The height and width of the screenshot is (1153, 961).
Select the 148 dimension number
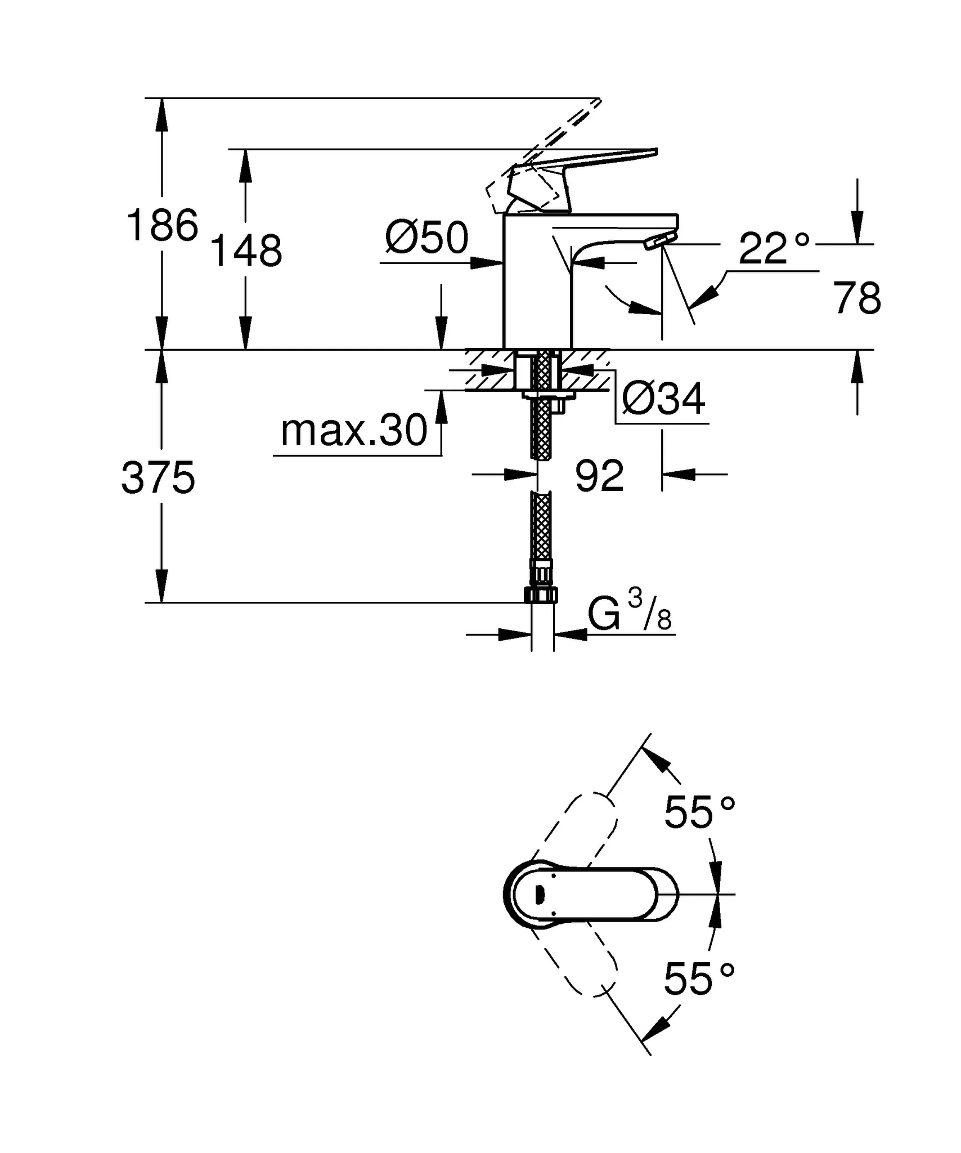pos(245,251)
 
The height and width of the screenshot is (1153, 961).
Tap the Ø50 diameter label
pos(426,238)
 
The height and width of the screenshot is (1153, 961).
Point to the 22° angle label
pos(774,248)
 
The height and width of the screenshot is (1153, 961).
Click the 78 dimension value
pos(857,299)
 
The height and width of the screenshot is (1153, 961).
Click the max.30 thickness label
pos(354,431)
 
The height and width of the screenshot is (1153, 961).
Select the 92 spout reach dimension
pos(599,476)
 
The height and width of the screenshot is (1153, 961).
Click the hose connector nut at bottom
pos(541,595)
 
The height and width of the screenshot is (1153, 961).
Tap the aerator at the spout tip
pos(659,242)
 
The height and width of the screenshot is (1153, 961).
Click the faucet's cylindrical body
pos(537,287)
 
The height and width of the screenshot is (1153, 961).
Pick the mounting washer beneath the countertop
pos(549,396)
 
